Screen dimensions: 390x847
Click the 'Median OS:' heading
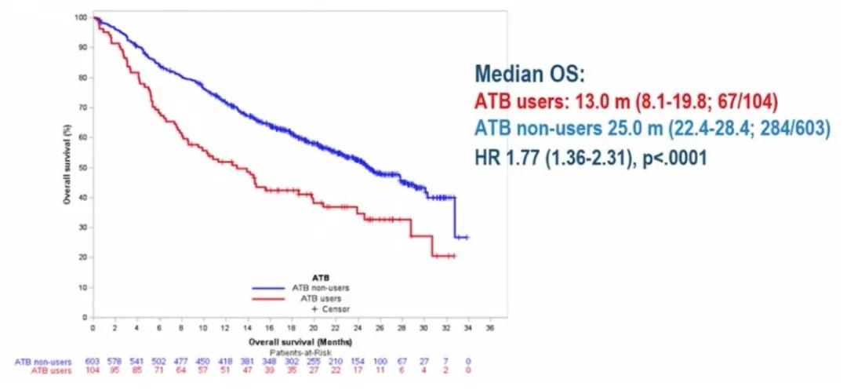(529, 76)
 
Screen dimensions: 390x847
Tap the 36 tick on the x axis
(491, 326)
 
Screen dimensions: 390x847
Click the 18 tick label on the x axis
(292, 326)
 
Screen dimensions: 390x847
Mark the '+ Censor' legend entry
(334, 308)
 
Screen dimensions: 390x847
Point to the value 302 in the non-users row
(292, 361)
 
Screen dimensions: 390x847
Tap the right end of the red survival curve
(455, 256)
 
